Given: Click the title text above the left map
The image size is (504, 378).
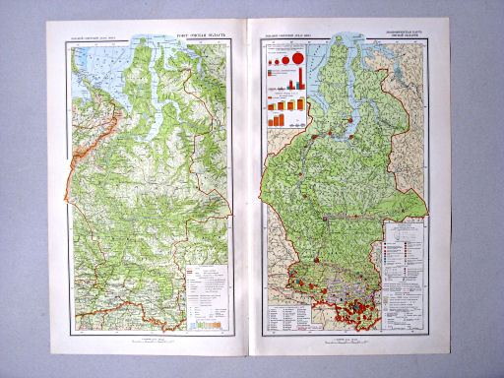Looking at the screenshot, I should point(202,38).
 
